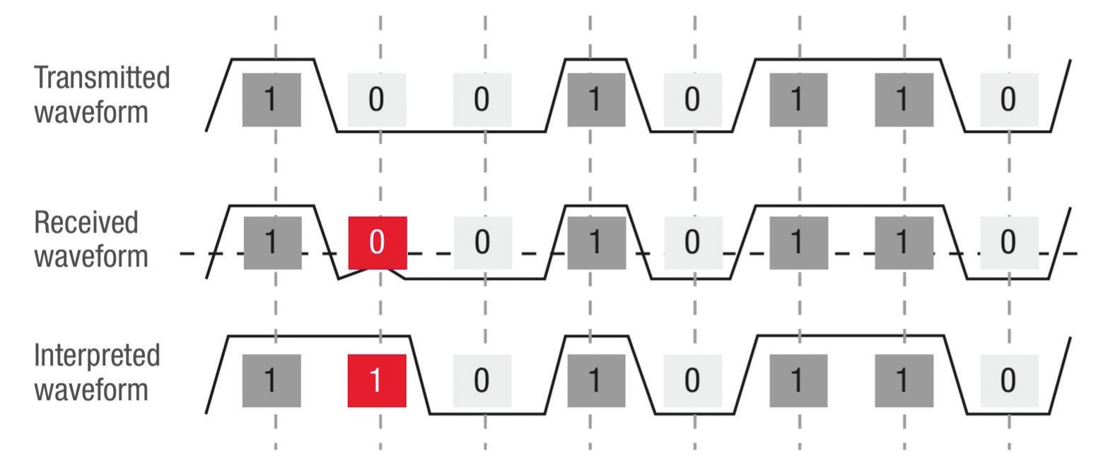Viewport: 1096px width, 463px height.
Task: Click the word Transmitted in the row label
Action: (102, 77)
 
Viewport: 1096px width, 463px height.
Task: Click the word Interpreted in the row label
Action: (97, 356)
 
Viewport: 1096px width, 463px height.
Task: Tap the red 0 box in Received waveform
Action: (377, 242)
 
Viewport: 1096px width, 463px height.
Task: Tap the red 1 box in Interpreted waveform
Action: (377, 381)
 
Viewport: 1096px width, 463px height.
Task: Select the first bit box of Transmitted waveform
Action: (272, 100)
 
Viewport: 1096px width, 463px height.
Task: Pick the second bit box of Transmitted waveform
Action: (377, 100)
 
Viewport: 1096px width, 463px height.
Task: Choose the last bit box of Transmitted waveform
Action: (1009, 100)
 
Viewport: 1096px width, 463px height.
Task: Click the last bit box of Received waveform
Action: (1009, 242)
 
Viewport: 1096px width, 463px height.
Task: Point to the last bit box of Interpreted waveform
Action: (1009, 381)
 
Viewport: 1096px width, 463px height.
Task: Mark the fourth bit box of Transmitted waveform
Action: (596, 100)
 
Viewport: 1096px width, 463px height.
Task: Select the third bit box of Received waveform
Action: (482, 242)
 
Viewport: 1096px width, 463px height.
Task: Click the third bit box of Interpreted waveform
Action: (482, 381)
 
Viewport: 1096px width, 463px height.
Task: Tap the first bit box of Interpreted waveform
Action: (272, 381)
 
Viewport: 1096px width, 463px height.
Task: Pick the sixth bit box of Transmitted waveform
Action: (798, 100)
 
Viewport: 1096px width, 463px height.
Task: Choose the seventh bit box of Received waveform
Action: (904, 242)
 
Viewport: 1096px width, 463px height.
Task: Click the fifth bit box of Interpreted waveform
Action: (693, 381)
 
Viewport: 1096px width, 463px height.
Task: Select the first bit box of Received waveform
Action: (272, 242)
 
